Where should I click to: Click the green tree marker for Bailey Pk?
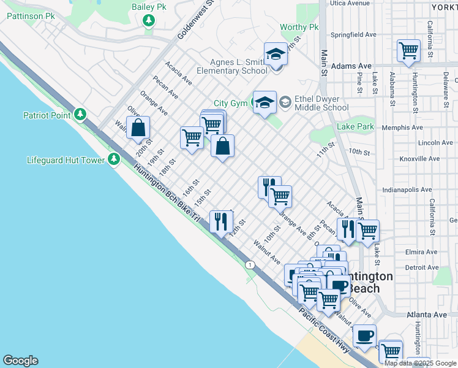pos(148,21)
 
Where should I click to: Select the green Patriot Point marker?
pos(80,114)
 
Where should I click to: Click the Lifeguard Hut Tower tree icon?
pos(113,160)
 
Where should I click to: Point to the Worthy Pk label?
pos(299,28)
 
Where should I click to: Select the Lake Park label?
pos(355,127)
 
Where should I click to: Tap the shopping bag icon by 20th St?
pos(139,128)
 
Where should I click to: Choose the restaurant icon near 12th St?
pos(220,221)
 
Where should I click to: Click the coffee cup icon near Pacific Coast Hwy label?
pos(364,335)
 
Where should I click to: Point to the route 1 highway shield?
pos(249,264)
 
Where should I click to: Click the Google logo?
pos(20,361)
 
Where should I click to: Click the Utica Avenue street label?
pos(350,3)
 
